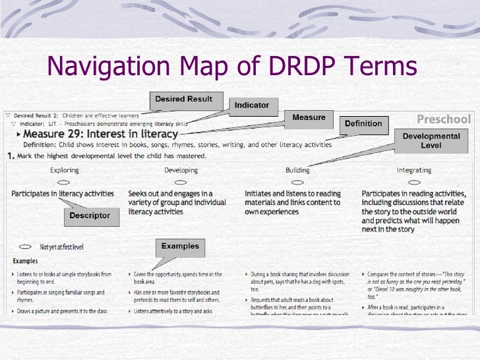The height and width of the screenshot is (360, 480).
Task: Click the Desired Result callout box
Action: point(183,99)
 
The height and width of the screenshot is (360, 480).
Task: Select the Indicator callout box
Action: point(251,105)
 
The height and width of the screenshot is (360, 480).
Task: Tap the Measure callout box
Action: point(309,117)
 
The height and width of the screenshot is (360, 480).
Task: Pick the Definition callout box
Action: point(363,123)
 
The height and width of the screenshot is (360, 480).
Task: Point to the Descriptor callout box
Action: point(91,216)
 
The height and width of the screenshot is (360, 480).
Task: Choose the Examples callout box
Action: point(180,247)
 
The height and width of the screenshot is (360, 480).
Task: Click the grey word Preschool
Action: point(443,119)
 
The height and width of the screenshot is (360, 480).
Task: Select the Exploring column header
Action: point(64,170)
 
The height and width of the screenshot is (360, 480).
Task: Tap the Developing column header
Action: point(181,170)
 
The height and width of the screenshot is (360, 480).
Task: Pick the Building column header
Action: point(297,170)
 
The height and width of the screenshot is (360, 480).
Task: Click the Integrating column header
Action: point(413,170)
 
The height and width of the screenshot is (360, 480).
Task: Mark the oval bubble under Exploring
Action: point(64,181)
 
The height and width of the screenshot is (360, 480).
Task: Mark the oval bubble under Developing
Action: point(181,181)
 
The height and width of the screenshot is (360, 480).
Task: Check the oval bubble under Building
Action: point(297,181)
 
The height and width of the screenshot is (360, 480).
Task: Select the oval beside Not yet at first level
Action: point(24,247)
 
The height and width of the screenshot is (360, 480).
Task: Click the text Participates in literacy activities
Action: point(63,194)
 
